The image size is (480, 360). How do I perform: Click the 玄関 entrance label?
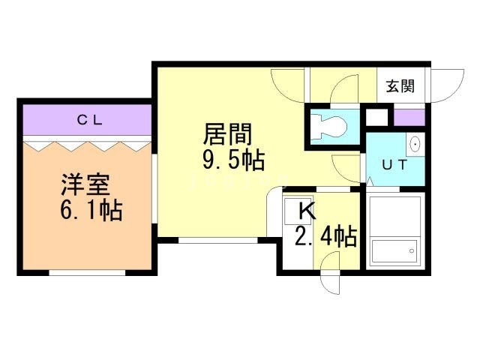(400, 86)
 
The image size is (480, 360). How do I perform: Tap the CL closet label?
(89, 120)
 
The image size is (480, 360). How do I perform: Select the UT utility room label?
(394, 165)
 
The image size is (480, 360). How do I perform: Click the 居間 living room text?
(227, 134)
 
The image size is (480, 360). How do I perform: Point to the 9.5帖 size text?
(233, 159)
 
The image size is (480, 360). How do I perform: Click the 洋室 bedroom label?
(85, 185)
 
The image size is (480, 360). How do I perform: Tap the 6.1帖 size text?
(91, 210)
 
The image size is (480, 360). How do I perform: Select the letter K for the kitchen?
(307, 211)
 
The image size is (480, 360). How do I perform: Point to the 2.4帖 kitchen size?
(326, 236)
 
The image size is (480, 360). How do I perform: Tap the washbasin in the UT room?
(415, 144)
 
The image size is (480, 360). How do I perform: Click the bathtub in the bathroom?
(394, 252)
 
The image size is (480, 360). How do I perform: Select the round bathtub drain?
(412, 251)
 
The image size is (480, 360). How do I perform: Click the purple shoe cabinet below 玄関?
(409, 118)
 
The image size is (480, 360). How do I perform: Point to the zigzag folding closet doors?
(88, 146)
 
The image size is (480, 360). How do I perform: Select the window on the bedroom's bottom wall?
(87, 273)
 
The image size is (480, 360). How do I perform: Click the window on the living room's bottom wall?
(218, 241)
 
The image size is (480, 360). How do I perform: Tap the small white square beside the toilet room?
(376, 117)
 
